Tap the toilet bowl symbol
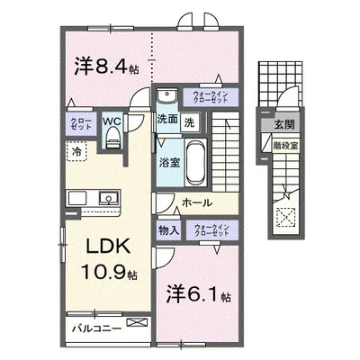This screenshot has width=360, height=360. [112, 136]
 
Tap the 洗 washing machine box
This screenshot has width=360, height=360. [190, 120]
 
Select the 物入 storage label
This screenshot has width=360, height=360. [167, 229]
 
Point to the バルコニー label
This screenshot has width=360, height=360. [93, 329]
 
